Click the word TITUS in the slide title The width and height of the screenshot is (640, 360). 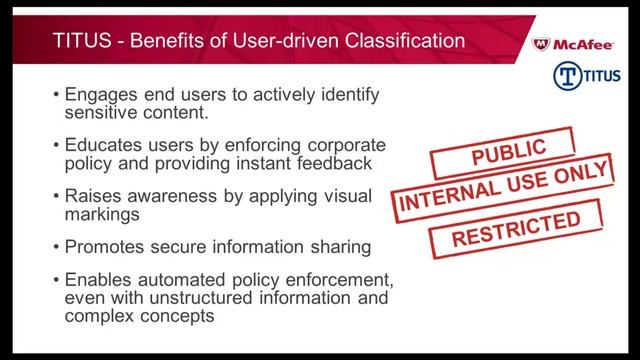pos(80,42)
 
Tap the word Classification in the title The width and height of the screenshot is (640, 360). pos(404,42)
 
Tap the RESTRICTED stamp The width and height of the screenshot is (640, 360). pos(515,227)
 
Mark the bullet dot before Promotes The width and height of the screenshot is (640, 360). pos(55,245)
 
